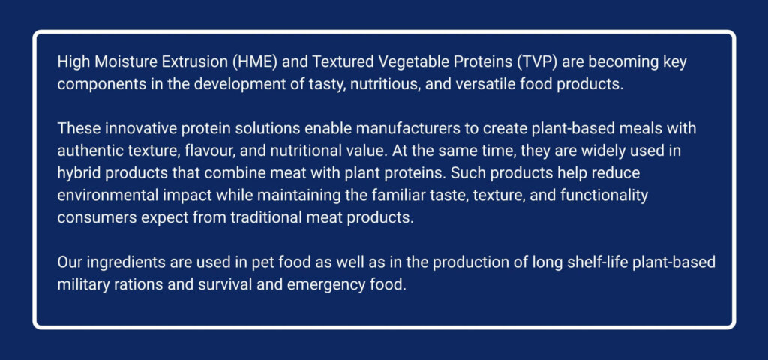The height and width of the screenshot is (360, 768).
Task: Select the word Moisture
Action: (x=125, y=62)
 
